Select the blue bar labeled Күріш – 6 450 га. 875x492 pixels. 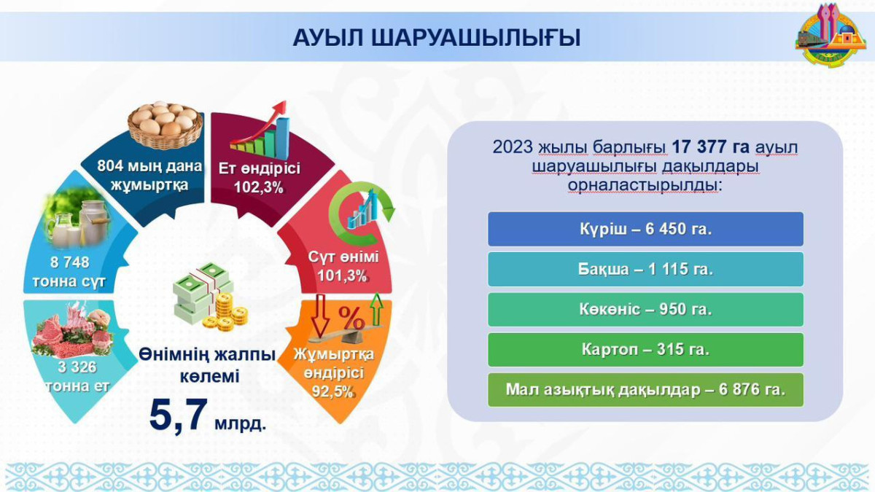(645, 229)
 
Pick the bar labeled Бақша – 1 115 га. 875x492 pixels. (645, 269)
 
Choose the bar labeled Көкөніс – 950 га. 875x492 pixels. (645, 309)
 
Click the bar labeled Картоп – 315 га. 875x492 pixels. (645, 349)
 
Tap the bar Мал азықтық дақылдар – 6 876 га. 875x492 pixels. (645, 389)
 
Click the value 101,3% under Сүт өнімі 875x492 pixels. (342, 276)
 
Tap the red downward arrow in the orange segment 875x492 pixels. (320, 312)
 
